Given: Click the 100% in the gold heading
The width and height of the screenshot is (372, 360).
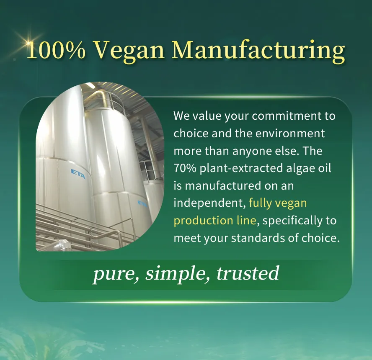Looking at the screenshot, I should [x=56, y=51].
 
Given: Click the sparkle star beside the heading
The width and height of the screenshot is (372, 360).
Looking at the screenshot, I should [x=28, y=42].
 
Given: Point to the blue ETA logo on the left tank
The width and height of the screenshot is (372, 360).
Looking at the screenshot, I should [x=78, y=173].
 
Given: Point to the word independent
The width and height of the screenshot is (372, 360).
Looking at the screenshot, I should [x=209, y=203].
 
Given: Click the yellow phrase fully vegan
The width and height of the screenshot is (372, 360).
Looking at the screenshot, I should [x=278, y=203].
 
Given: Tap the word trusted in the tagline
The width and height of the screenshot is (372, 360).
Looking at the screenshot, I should [x=247, y=273].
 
